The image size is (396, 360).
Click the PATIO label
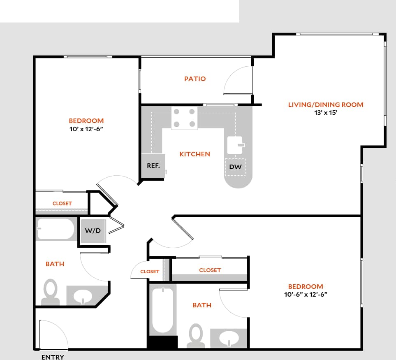[x=195, y=79]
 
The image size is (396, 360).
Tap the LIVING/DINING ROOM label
[x=325, y=105]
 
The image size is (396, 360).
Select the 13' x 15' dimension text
[x=325, y=113]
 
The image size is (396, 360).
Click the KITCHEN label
[x=195, y=154]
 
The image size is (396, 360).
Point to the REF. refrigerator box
[x=153, y=166]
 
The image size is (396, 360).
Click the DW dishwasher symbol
[x=235, y=167]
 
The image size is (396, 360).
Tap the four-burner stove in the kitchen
[x=184, y=118]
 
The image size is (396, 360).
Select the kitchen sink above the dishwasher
[x=236, y=145]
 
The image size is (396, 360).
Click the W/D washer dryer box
[x=93, y=231]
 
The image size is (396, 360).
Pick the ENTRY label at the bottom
[x=53, y=357]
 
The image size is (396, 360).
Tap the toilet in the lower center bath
[x=196, y=335]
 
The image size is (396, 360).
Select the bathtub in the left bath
[x=56, y=229]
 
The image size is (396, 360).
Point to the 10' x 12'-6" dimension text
[x=86, y=129]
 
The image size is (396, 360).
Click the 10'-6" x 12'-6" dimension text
[x=305, y=295]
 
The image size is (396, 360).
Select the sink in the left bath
[x=84, y=296]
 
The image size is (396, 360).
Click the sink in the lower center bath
[x=229, y=339]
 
